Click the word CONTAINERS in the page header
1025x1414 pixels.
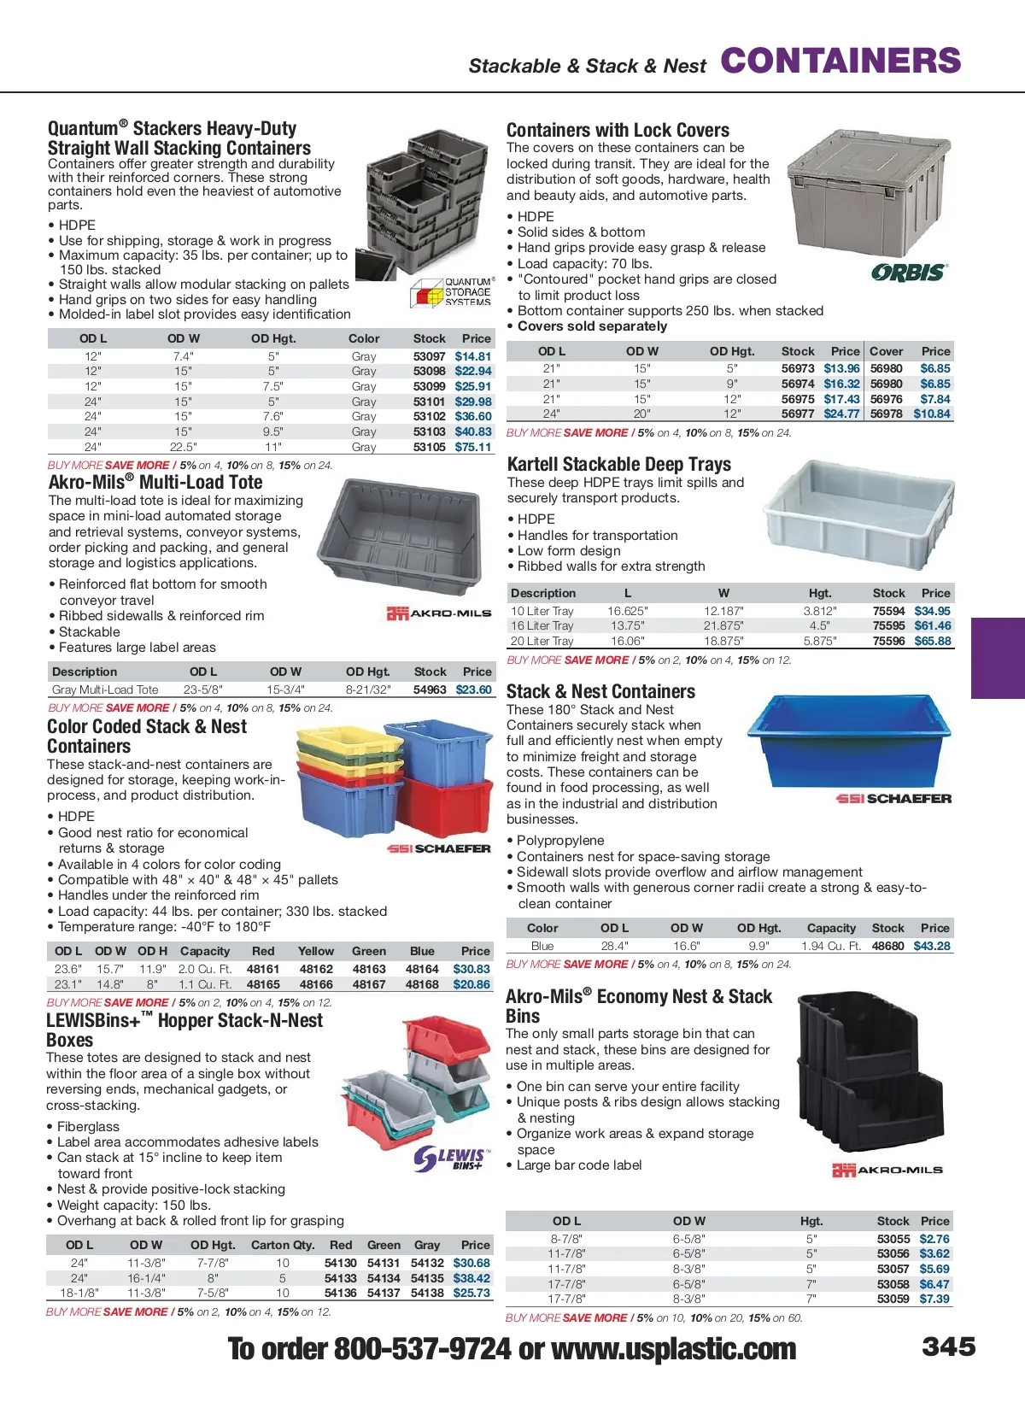[840, 62]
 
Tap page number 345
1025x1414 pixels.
[948, 1347]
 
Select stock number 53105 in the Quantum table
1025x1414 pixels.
[429, 447]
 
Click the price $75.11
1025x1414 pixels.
[473, 447]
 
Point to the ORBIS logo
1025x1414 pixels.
[909, 273]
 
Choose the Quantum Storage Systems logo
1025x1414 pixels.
[453, 292]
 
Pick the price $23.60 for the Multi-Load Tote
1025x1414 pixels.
[473, 689]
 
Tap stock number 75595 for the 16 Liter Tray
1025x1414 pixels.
[888, 625]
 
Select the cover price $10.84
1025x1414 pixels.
[931, 414]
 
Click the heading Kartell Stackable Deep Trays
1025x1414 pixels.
[619, 464]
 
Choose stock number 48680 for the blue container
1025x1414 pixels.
[887, 946]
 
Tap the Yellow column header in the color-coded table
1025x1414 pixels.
[316, 951]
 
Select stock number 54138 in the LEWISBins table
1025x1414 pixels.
[427, 1293]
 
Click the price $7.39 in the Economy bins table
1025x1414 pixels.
[934, 1299]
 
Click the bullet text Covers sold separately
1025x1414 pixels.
[592, 326]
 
